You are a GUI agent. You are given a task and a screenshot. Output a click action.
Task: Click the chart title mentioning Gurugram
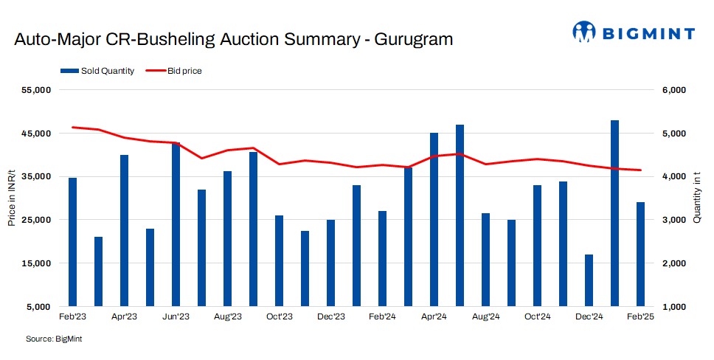234,40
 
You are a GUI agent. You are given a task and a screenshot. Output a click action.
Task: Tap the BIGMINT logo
634,32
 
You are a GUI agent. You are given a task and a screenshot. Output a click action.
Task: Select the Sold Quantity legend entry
97,71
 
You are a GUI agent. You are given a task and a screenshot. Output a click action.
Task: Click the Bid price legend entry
174,71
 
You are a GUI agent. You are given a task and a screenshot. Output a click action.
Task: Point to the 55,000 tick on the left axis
33,90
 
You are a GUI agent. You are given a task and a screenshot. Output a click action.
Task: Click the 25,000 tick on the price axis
33,220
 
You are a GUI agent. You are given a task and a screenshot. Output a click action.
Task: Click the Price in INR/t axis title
12,198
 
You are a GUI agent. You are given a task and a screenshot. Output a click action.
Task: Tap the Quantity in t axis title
697,198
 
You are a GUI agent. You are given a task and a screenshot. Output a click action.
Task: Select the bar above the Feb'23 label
72,241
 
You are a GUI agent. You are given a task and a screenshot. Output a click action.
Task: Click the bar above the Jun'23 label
176,224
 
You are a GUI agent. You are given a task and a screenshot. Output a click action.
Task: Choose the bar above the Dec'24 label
589,280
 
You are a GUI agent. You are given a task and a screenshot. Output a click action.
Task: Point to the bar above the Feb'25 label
640,254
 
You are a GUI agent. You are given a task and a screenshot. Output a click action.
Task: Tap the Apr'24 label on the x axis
434,316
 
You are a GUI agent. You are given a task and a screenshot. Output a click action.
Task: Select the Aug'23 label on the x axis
227,316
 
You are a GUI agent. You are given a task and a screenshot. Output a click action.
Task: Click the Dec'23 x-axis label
330,316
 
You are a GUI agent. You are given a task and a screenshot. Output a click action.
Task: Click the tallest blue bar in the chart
614,212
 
